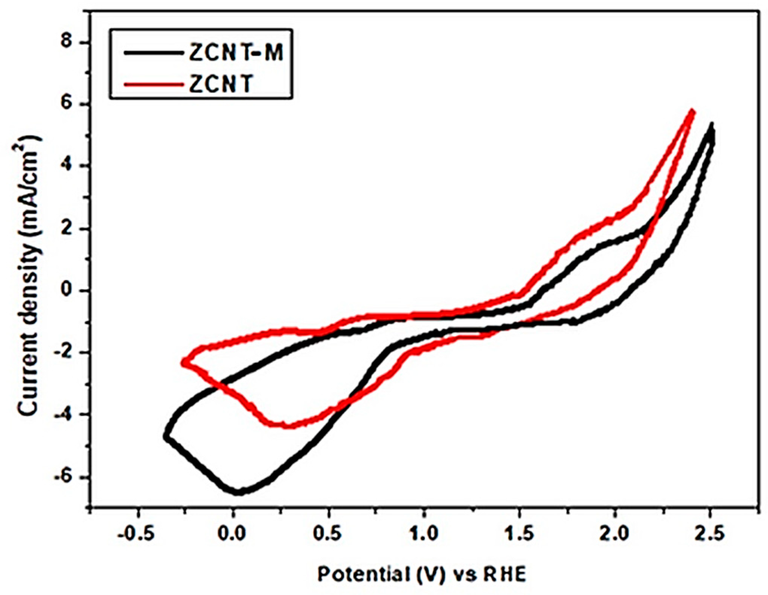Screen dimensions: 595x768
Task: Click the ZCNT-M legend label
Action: [236, 53]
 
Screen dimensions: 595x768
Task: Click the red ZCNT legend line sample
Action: [152, 83]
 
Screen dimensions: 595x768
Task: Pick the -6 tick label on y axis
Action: [68, 477]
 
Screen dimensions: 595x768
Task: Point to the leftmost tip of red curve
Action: [183, 362]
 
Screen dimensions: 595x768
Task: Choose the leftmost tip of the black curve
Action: [166, 436]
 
